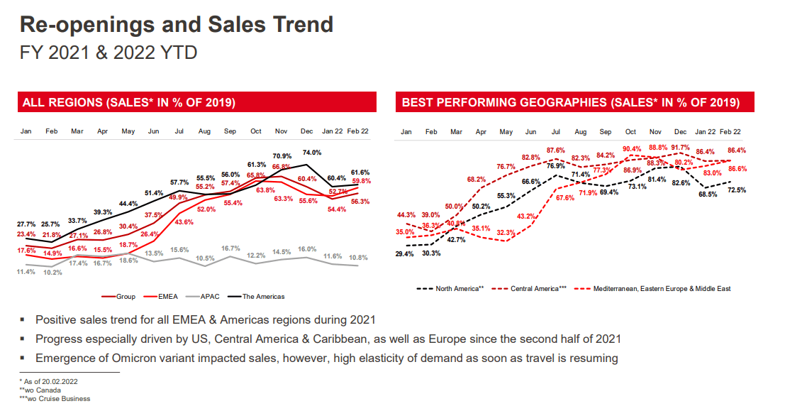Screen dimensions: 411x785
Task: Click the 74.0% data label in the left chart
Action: [312, 153]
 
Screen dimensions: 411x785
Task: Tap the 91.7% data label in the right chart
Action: [680, 148]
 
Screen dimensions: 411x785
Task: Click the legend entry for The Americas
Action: [263, 296]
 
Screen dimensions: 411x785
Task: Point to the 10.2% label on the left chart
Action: [52, 273]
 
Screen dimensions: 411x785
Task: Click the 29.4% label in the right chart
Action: [405, 253]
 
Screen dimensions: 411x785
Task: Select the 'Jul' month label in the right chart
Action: [556, 132]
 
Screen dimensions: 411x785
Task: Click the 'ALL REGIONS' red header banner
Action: [129, 102]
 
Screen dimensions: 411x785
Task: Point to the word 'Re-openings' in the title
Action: [91, 25]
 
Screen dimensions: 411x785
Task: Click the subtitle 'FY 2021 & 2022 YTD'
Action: [108, 53]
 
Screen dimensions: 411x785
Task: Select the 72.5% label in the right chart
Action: [736, 190]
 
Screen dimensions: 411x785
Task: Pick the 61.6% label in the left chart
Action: [360, 172]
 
